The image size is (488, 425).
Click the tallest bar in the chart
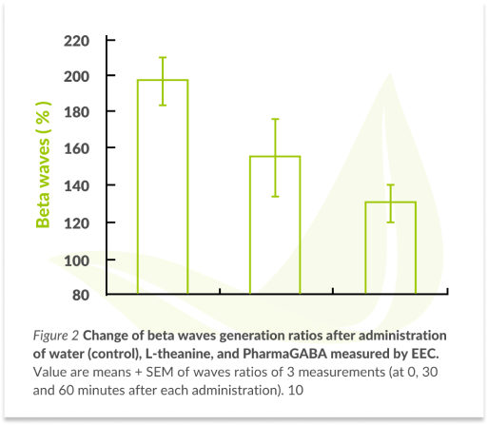[163, 187]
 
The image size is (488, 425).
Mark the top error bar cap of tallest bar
[163, 57]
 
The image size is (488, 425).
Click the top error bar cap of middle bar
[275, 119]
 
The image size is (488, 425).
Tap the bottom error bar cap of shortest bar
[390, 222]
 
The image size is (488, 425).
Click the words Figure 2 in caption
[55, 337]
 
